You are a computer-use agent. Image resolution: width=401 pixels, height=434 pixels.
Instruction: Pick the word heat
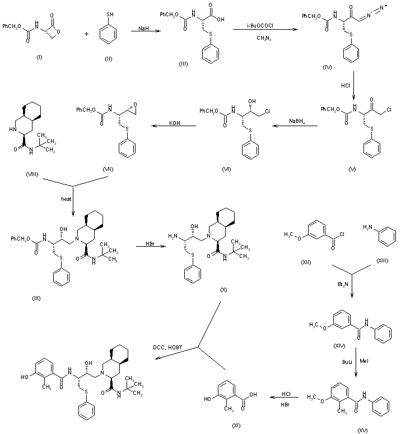click(x=66, y=197)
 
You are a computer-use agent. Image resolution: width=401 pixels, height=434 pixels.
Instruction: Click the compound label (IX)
click(x=36, y=297)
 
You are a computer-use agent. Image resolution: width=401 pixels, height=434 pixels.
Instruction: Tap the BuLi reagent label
click(x=347, y=363)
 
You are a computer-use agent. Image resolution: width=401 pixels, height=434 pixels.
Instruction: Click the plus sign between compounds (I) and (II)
click(x=86, y=33)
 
